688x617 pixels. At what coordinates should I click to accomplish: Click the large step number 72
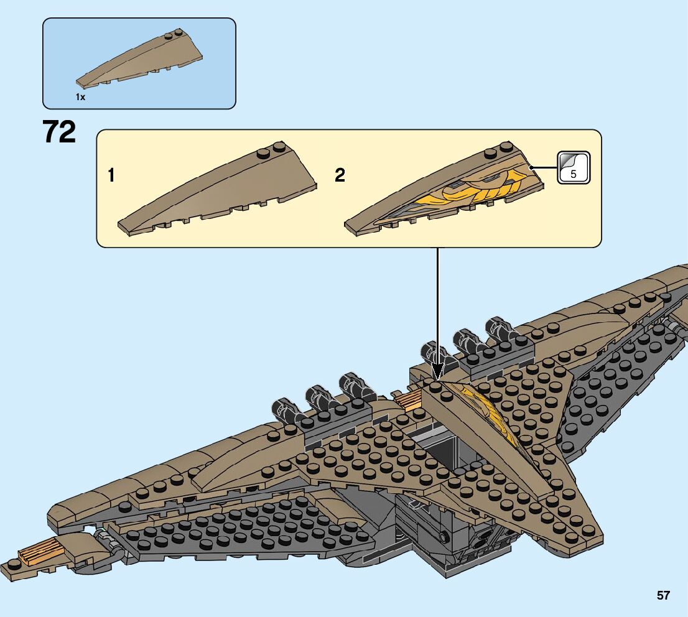pos(59,132)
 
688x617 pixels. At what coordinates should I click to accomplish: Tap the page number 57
pos(663,595)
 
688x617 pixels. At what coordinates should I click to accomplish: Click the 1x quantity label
pos(80,97)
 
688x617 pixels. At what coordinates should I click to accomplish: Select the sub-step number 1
pos(111,176)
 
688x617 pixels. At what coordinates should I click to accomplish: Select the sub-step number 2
pos(340,176)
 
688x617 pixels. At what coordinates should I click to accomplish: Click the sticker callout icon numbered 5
pos(573,167)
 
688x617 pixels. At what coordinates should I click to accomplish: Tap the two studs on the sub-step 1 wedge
pos(271,149)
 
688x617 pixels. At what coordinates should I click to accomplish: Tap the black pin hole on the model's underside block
pos(444,536)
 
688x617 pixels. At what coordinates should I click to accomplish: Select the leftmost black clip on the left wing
pos(283,410)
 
